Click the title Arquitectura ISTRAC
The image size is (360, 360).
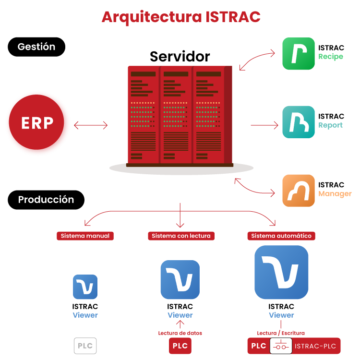point(181,17)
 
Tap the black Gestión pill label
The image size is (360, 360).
point(36,47)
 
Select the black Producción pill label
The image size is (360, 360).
point(46,200)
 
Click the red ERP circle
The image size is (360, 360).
point(36,122)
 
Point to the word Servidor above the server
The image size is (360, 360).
point(180,57)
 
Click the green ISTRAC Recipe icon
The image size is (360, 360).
point(299,53)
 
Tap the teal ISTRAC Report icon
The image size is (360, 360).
point(299,122)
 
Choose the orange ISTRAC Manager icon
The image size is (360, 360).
point(299,191)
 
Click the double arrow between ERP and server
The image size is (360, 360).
point(91,125)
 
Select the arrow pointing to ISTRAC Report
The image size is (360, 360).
point(264,125)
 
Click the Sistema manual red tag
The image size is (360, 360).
point(85,236)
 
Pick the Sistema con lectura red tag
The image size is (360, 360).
point(181,236)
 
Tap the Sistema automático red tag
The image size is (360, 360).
point(281,236)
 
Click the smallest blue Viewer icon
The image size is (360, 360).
point(85,287)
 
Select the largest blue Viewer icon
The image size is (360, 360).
point(281,272)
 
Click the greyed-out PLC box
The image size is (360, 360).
point(85,346)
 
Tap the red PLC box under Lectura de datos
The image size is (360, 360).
point(180,346)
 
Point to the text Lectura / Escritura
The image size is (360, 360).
point(281,333)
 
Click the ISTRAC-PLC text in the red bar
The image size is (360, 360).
point(315,346)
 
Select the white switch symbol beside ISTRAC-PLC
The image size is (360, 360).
point(281,346)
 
